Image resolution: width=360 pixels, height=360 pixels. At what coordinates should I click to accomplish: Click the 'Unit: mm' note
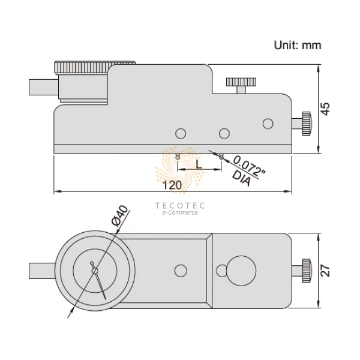click(298, 45)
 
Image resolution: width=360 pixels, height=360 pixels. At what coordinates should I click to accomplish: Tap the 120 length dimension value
click(172, 185)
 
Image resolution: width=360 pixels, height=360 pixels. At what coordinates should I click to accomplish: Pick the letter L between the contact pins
click(199, 163)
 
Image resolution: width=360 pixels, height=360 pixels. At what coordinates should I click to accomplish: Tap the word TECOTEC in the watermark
click(180, 205)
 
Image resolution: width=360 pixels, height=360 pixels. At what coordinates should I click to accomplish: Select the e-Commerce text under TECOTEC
click(180, 213)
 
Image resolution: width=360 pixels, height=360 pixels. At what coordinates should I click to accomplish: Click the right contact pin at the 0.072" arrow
click(221, 157)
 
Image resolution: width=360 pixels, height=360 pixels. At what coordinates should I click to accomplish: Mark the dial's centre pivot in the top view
click(95, 271)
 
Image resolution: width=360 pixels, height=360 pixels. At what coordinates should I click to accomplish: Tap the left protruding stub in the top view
click(43, 271)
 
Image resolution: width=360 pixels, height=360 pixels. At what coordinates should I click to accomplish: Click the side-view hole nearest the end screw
click(268, 124)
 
